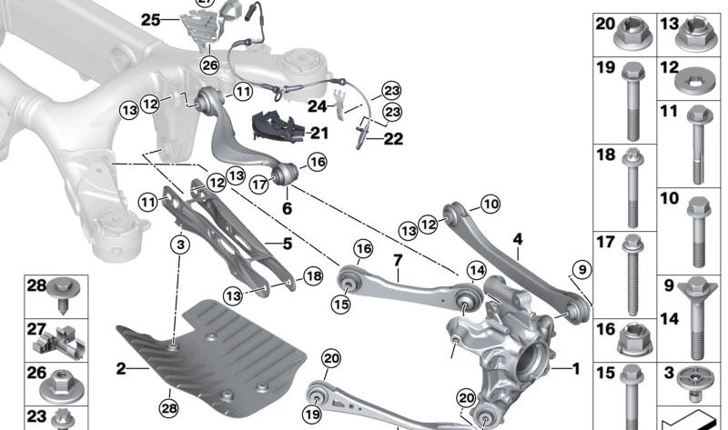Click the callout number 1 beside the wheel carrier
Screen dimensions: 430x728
point(574,369)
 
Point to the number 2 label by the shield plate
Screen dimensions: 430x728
point(121,368)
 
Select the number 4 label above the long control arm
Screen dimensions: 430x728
point(517,240)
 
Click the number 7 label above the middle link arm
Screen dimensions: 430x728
point(398,261)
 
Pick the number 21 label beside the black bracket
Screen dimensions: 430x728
point(318,133)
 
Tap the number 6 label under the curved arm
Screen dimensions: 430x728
point(287,208)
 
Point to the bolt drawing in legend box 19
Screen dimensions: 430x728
point(629,101)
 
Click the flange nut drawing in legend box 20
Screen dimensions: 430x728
point(629,36)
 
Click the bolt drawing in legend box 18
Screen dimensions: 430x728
point(630,194)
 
